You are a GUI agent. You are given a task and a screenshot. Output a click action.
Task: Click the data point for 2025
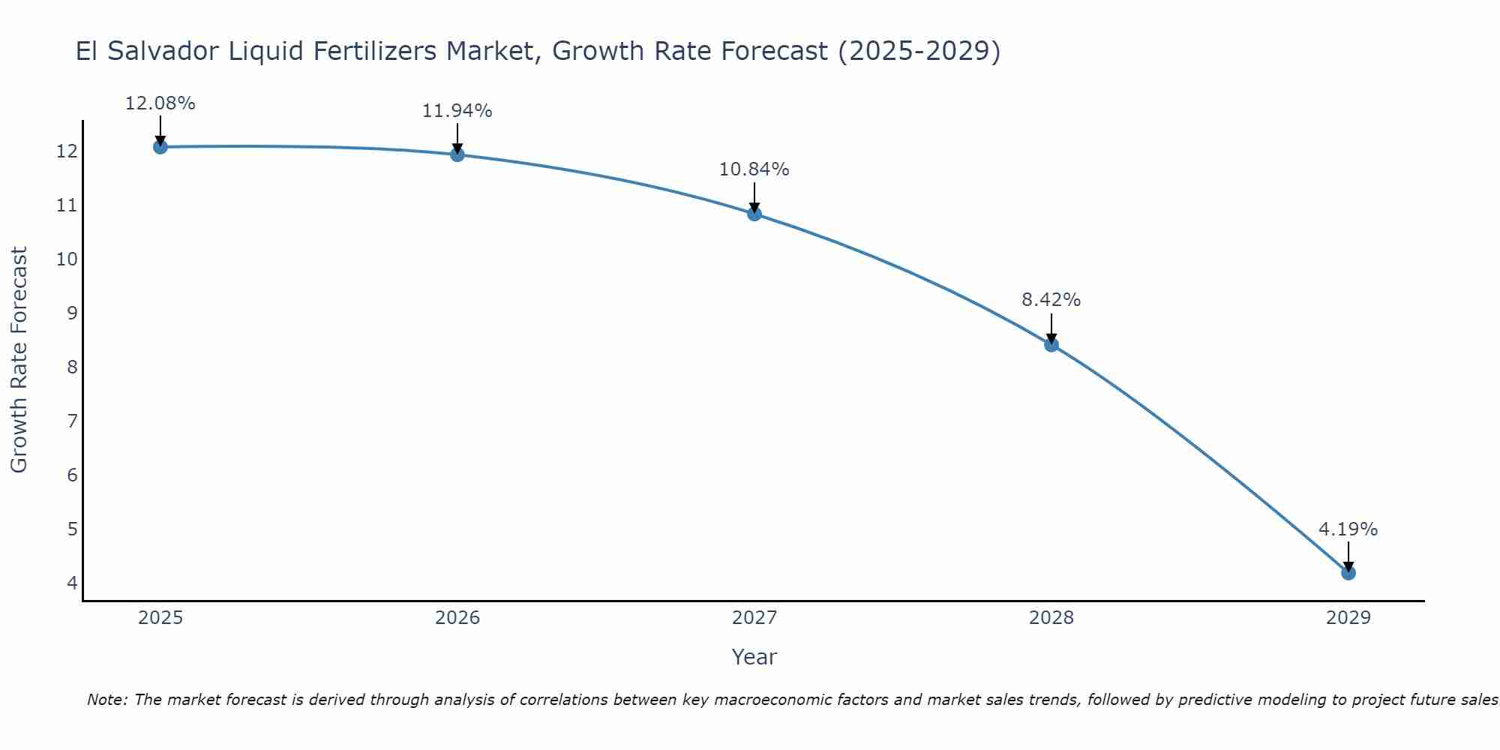160,147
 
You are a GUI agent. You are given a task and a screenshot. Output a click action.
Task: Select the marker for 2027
754,214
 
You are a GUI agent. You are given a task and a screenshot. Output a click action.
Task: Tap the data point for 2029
1348,573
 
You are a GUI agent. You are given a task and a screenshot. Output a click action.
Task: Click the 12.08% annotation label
160,103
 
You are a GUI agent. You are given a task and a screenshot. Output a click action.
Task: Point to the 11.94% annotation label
457,111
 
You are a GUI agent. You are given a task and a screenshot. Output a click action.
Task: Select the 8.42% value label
1051,300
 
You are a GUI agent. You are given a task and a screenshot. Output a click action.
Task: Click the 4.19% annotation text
1348,529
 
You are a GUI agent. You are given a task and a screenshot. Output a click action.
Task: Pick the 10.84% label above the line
754,169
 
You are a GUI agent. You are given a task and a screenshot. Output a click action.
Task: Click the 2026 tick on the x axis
457,618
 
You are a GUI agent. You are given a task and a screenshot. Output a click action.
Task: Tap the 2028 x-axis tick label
1051,618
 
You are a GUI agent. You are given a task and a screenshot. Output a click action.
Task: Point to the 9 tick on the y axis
72,313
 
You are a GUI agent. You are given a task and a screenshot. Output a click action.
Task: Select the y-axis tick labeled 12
67,151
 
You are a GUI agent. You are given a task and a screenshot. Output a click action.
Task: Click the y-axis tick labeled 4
72,583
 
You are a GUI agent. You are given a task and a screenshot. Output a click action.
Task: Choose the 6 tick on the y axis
72,475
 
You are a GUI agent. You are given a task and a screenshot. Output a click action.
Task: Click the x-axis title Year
754,657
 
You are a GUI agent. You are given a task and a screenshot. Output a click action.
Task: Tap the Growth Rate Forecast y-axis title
19,360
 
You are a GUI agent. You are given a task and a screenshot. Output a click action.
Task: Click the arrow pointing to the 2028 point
1051,328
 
